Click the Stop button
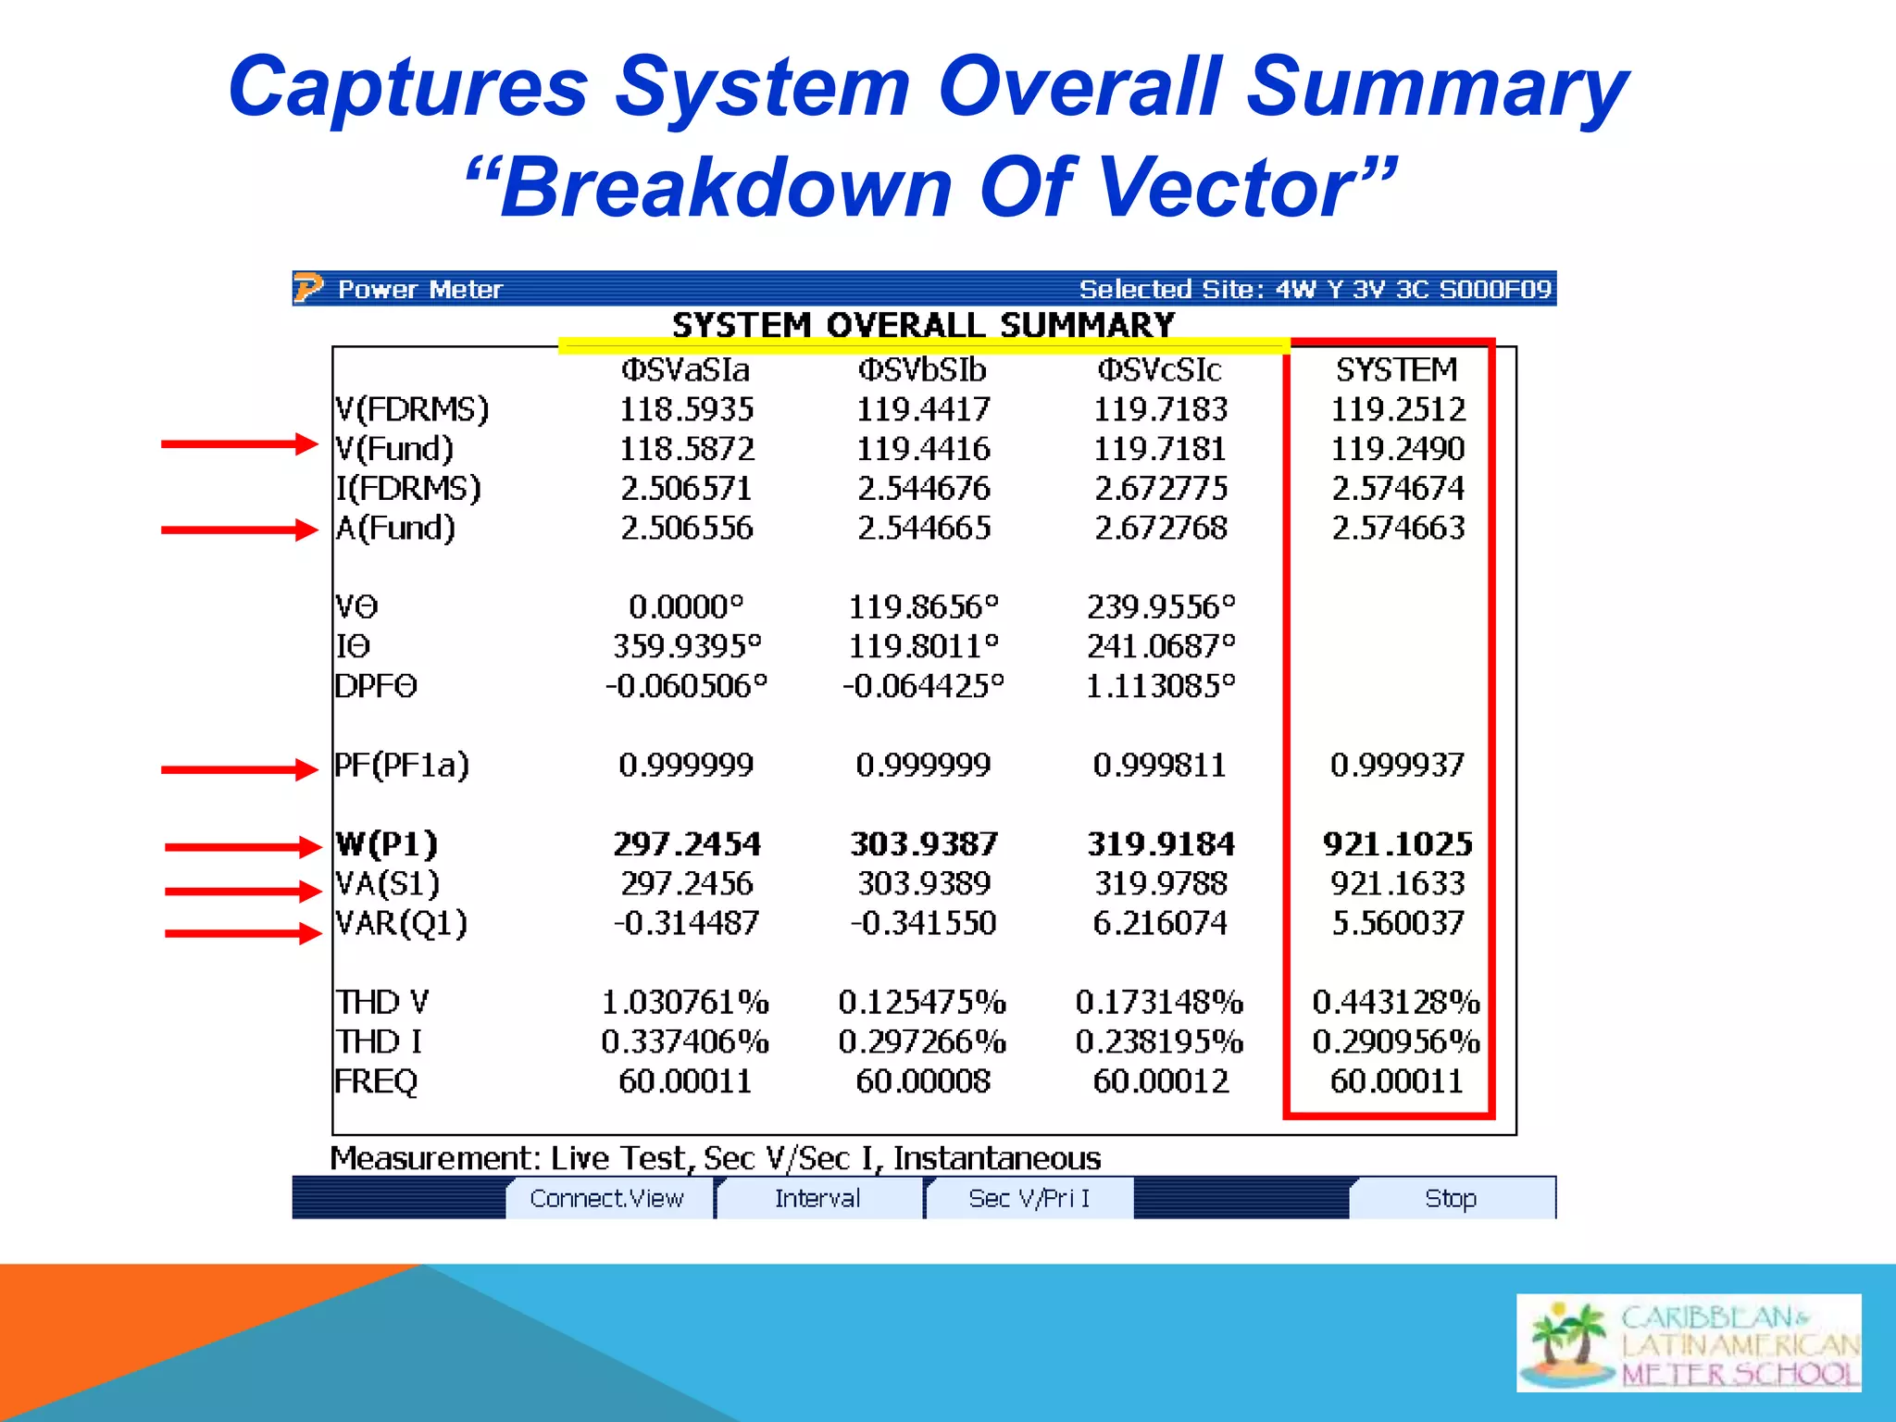tap(1451, 1198)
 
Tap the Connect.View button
tap(606, 1198)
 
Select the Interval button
tap(817, 1198)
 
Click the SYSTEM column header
tap(1396, 370)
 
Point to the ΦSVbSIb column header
tap(922, 370)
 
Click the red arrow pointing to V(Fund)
tap(239, 444)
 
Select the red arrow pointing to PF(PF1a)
tap(239, 768)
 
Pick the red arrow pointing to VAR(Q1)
tap(243, 932)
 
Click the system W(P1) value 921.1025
tap(1397, 843)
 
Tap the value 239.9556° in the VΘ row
tap(1161, 607)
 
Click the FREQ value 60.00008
tap(923, 1081)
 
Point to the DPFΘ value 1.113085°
tap(1160, 686)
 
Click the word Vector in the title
tap(1227, 188)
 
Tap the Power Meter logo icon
tap(308, 289)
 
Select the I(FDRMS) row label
tap(408, 488)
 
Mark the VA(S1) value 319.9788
tap(1161, 883)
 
